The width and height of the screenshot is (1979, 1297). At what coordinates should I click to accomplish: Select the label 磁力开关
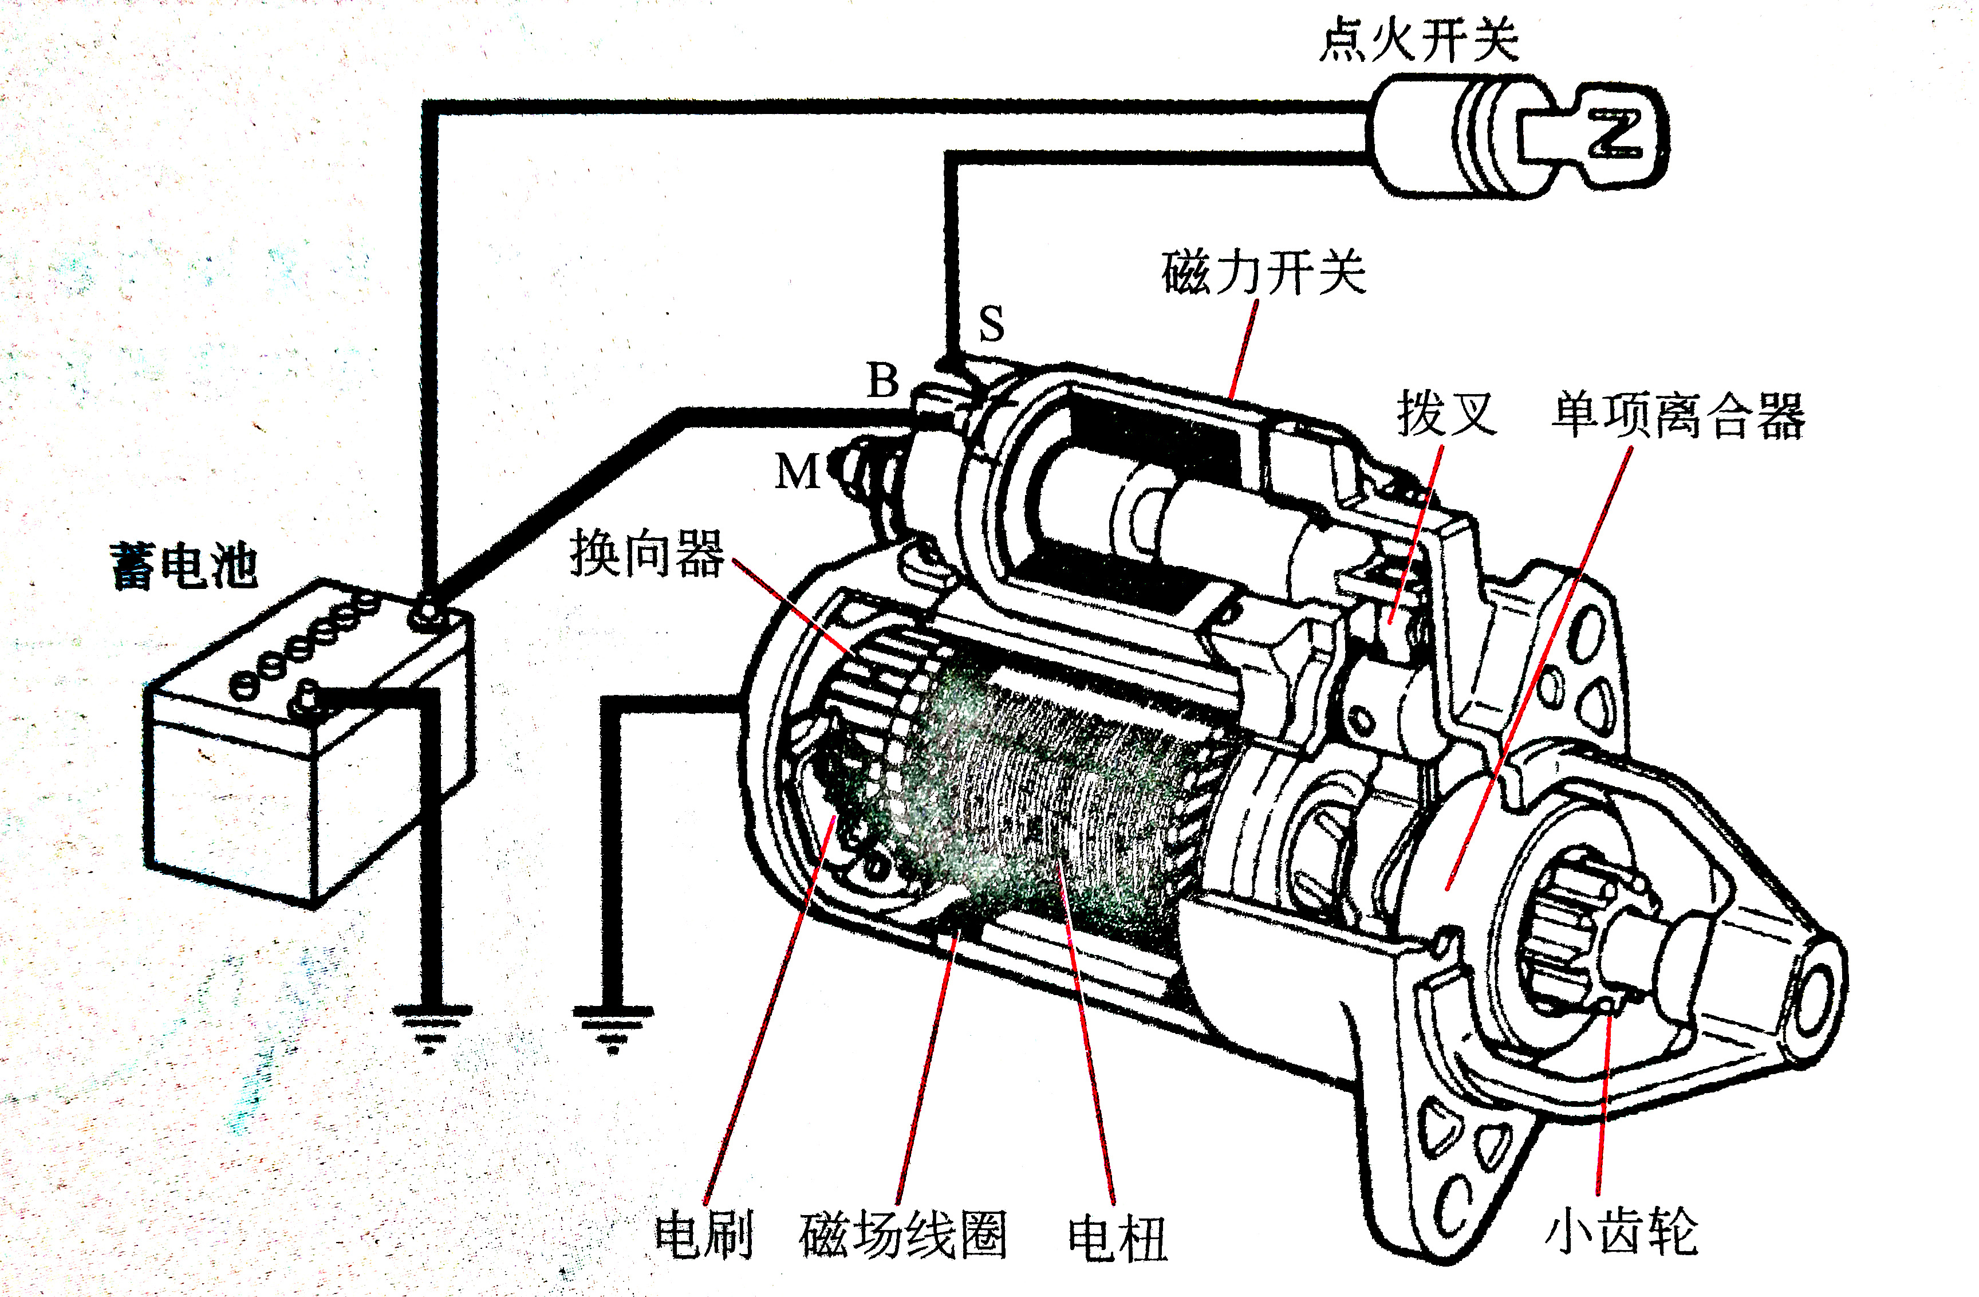[x=1263, y=273]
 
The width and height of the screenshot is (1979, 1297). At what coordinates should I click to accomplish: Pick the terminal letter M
[x=797, y=473]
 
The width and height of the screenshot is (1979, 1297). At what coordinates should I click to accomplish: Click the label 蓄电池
[x=184, y=567]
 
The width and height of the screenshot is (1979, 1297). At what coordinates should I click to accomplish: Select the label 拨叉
[x=1447, y=414]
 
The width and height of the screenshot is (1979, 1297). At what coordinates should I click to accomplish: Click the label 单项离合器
[x=1678, y=415]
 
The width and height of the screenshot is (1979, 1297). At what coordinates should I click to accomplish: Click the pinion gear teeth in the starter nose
[x=1563, y=932]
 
